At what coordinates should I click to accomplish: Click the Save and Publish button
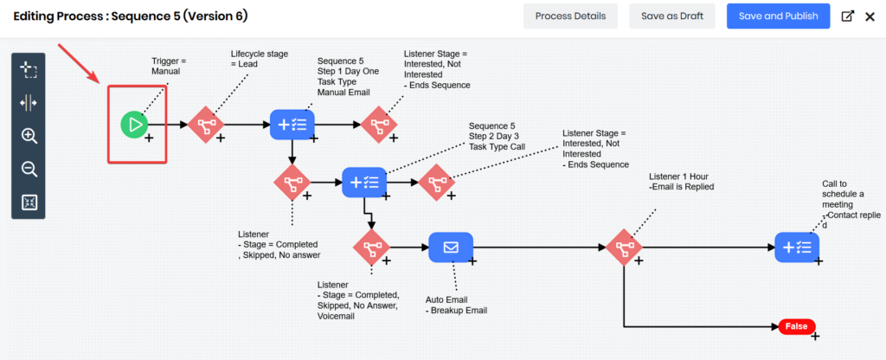(778, 16)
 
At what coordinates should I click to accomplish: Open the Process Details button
(570, 16)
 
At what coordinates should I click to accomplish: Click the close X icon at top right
(870, 16)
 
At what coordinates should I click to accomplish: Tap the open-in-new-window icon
(847, 16)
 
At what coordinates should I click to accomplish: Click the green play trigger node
(134, 125)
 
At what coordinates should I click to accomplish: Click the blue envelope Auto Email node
(451, 247)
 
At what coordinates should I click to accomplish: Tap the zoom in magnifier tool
(29, 136)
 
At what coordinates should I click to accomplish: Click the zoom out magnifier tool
(29, 169)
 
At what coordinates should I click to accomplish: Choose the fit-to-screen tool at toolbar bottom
(29, 202)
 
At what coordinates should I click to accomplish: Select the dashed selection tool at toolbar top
(29, 69)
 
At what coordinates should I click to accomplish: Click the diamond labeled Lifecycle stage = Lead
(206, 125)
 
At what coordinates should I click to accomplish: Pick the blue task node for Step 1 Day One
(292, 125)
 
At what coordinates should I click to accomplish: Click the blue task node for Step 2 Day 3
(364, 182)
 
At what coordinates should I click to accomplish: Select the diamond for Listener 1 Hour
(624, 247)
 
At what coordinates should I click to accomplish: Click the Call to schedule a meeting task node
(796, 247)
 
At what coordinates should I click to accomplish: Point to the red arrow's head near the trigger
(104, 80)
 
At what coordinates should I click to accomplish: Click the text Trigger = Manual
(168, 65)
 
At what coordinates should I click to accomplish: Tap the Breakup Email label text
(457, 310)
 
